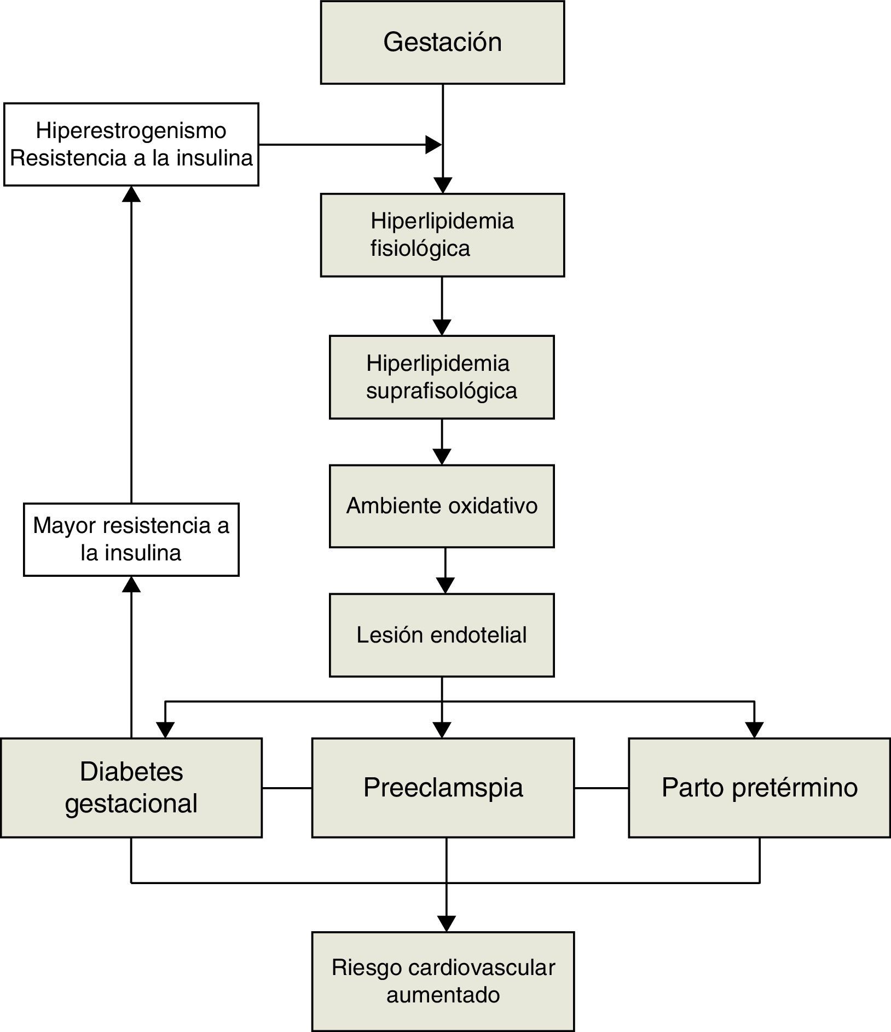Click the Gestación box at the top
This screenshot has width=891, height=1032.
point(442,43)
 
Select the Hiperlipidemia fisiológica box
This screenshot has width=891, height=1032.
point(442,235)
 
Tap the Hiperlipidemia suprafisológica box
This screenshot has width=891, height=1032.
point(442,377)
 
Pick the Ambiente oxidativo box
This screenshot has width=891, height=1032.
point(442,506)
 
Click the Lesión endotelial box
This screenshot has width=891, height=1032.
point(442,635)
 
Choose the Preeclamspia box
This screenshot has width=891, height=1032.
point(443,788)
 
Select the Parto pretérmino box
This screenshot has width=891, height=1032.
point(759,788)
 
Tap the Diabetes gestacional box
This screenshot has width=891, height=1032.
point(131,788)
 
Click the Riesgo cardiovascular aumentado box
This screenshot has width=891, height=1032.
point(443,981)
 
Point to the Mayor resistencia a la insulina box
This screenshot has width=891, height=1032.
point(131,540)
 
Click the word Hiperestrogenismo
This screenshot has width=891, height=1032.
point(131,131)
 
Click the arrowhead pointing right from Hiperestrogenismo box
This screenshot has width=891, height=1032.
point(433,145)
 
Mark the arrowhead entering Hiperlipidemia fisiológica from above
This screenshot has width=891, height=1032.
point(442,185)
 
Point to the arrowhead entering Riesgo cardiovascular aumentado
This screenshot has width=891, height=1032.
point(447,924)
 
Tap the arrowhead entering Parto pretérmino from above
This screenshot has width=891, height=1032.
point(754,730)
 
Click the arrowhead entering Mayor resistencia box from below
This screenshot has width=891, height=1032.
point(131,584)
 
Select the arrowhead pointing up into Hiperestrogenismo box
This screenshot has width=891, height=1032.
point(131,194)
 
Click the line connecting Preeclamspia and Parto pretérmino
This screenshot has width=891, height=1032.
point(601,788)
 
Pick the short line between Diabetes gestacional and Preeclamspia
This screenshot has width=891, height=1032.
point(287,788)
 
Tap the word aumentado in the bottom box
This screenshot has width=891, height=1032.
point(443,995)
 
